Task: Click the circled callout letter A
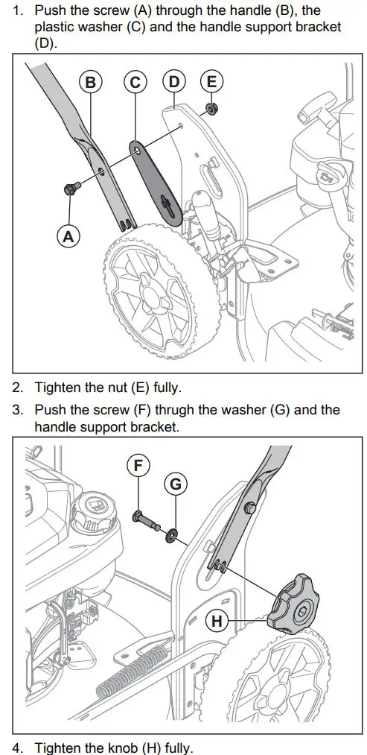[x=68, y=236]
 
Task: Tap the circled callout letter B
[x=90, y=82]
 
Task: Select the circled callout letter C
[x=135, y=82]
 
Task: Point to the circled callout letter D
[x=174, y=81]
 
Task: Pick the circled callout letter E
[x=212, y=81]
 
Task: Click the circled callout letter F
[x=138, y=466]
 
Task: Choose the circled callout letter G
[x=174, y=484]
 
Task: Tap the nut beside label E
[x=212, y=109]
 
